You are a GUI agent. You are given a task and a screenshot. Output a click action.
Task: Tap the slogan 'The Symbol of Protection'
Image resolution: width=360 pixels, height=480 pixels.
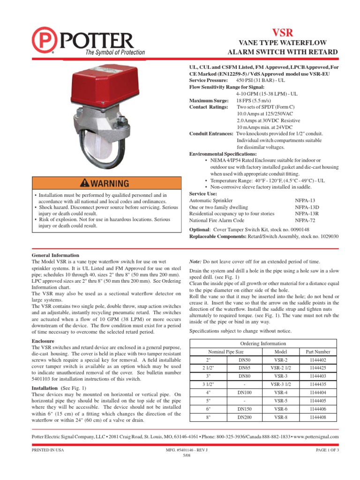(114, 52)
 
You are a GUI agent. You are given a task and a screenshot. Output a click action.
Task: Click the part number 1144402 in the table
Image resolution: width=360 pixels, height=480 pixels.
(318, 360)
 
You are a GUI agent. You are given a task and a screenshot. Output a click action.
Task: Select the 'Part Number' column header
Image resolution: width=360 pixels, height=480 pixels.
(318, 352)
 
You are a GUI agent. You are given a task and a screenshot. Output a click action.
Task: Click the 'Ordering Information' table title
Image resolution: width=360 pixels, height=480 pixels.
(262, 344)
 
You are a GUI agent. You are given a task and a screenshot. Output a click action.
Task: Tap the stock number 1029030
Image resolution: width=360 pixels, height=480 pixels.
(326, 237)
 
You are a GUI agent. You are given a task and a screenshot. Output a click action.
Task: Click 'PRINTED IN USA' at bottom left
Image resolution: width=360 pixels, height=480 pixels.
(47, 450)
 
